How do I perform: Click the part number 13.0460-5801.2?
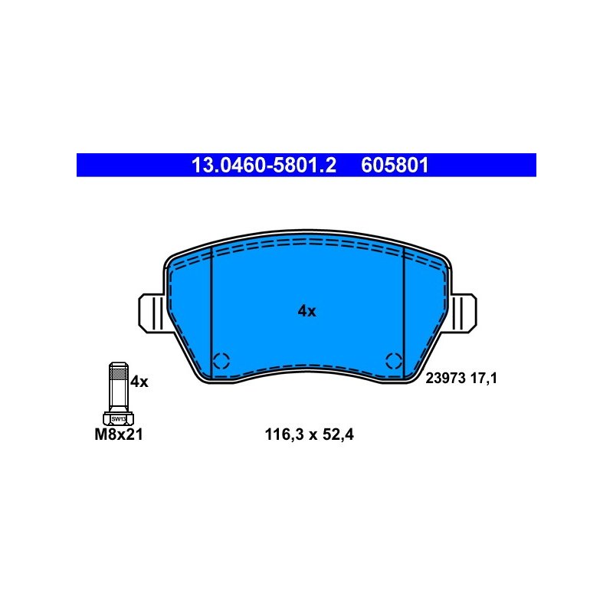pos(264,166)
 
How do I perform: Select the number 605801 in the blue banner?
pos(395,166)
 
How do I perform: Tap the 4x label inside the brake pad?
pos(306,311)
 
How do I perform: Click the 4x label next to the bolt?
pos(139,382)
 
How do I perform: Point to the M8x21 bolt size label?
pos(119,434)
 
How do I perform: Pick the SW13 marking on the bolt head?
pos(119,419)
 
